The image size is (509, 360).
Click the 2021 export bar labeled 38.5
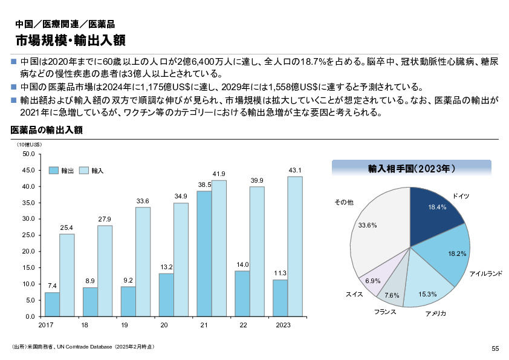[x=204, y=254]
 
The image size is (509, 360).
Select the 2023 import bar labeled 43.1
[x=295, y=246]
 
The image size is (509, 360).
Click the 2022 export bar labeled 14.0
[x=242, y=293]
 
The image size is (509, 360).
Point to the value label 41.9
[x=219, y=174]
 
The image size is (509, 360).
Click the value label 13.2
[x=166, y=267]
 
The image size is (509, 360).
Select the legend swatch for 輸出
[x=53, y=171]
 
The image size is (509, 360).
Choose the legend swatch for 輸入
[x=83, y=171]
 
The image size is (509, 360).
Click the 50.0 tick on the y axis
[x=28, y=154]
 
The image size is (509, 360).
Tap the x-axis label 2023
[x=283, y=326]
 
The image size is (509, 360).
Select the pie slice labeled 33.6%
[x=378, y=227]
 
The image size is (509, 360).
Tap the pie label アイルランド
[x=485, y=274]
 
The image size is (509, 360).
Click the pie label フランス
[x=385, y=312]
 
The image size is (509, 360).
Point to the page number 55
[x=495, y=348]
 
